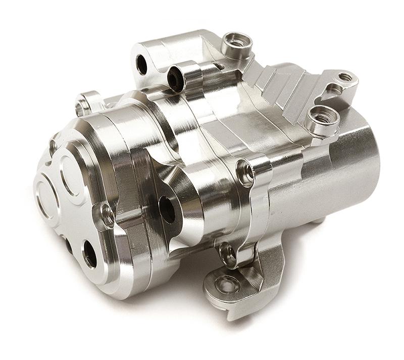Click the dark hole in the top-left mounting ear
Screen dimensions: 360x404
[x=142, y=64]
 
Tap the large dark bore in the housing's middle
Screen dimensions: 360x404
[x=167, y=208]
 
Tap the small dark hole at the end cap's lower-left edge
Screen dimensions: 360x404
[x=68, y=245]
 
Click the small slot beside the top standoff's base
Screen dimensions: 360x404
[x=218, y=66]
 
